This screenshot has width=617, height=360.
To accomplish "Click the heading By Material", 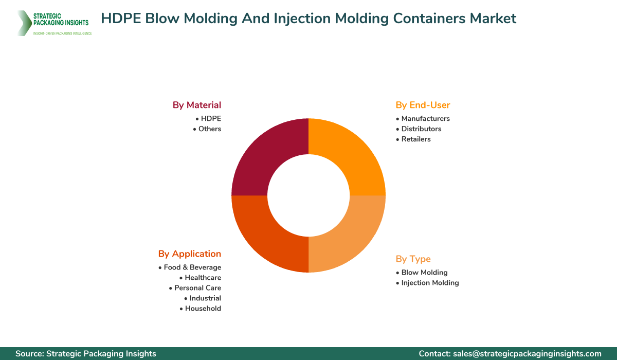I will coord(197,105).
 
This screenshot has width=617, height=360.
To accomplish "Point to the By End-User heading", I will coord(423,105).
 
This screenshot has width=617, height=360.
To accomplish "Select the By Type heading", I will coord(413,259).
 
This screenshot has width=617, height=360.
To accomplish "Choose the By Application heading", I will coord(190,254).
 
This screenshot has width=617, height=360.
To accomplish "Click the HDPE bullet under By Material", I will coord(211,119).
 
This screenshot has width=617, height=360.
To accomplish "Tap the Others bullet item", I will coord(210,129).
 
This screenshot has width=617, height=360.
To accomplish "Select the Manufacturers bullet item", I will coord(425,119).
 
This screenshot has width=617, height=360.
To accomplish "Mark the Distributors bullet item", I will coord(421,129).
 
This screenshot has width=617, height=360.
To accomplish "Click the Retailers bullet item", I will coord(416,139).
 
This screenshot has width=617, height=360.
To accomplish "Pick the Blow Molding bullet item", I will coord(424,273).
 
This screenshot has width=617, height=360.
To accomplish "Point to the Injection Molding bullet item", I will coord(430,283).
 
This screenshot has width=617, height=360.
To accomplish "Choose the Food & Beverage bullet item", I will coord(192,267).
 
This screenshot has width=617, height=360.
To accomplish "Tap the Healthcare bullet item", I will coord(203,278).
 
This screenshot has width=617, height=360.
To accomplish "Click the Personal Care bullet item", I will coord(197,288).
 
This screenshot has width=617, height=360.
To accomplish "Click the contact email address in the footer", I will coord(528,354).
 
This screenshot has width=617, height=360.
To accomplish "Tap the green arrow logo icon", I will coord(24,23).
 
